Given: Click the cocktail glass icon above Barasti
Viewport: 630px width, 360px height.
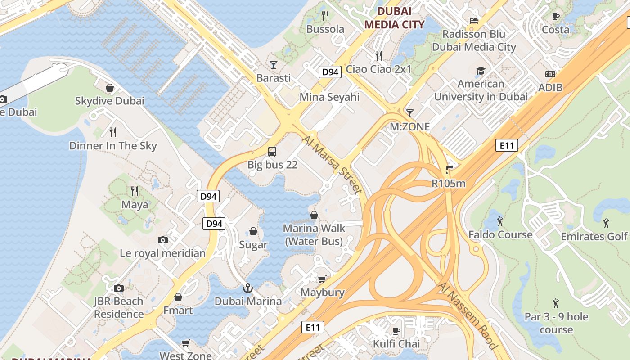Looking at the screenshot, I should (x=273, y=65).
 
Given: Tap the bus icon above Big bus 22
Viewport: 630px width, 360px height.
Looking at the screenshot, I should (x=272, y=151).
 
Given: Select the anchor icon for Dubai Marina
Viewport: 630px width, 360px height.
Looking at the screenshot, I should (x=247, y=288).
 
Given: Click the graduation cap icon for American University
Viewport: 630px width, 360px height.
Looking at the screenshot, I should (x=481, y=71).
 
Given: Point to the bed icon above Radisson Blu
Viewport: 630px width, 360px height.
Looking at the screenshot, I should (x=473, y=20).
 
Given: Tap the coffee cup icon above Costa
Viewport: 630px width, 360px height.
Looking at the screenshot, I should (x=556, y=17).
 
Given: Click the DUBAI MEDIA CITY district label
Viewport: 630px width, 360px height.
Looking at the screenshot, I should (x=394, y=18).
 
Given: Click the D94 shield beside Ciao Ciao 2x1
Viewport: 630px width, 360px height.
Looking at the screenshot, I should (x=330, y=72).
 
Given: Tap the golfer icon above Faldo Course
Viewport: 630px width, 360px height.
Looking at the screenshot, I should (x=500, y=221).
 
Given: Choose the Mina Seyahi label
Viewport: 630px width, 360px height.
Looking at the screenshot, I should (x=329, y=97).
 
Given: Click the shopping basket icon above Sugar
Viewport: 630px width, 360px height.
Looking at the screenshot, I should (x=253, y=232).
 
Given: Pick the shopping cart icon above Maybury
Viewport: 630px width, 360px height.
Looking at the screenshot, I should (x=322, y=279).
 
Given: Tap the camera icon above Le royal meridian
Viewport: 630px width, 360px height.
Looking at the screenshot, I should (x=163, y=240).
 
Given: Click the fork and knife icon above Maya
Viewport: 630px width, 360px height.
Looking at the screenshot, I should (x=134, y=191).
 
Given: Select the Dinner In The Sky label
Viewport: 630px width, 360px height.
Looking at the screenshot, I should (x=113, y=145).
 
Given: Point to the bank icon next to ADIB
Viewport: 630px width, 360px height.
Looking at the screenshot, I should (x=550, y=74).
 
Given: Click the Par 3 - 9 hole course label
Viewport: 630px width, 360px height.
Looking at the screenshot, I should (x=556, y=323).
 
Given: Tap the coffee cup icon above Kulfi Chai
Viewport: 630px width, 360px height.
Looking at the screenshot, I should (x=396, y=331).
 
